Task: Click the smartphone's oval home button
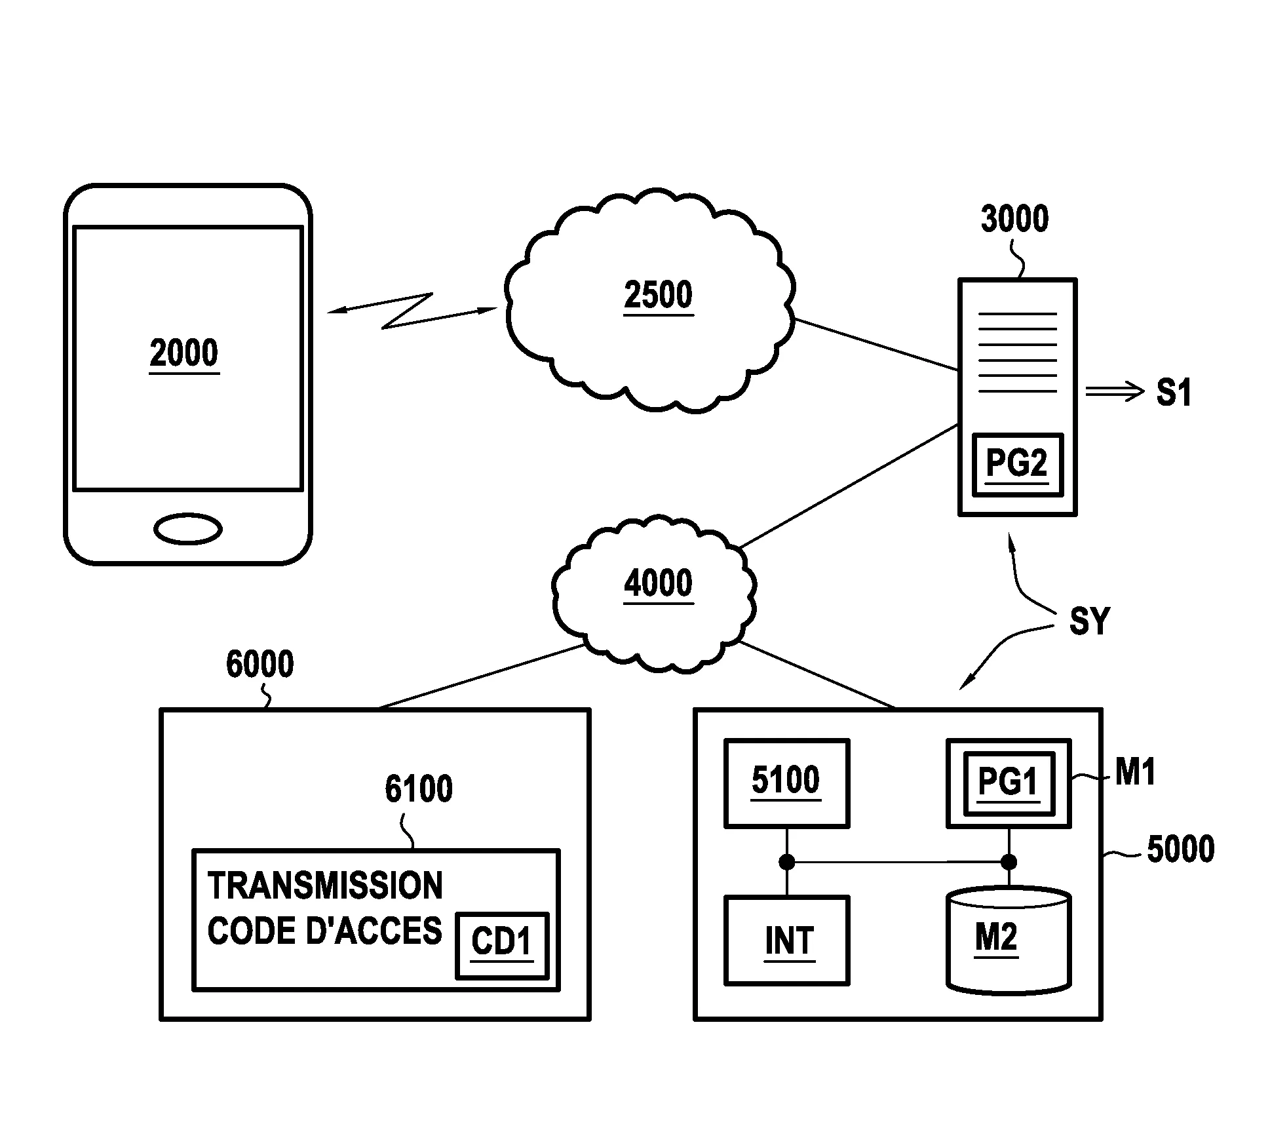(187, 529)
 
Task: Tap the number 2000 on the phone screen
(183, 353)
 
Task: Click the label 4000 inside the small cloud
(658, 583)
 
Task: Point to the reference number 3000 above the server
(1014, 219)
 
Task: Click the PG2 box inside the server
(1017, 464)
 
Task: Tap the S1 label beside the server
(1174, 392)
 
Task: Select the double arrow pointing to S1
(1114, 392)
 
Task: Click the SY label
(1089, 621)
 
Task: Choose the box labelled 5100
(786, 783)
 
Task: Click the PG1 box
(1009, 783)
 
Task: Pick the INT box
(786, 940)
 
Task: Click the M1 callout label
(1135, 771)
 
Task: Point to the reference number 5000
(1180, 849)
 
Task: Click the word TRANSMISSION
(325, 886)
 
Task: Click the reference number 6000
(260, 664)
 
